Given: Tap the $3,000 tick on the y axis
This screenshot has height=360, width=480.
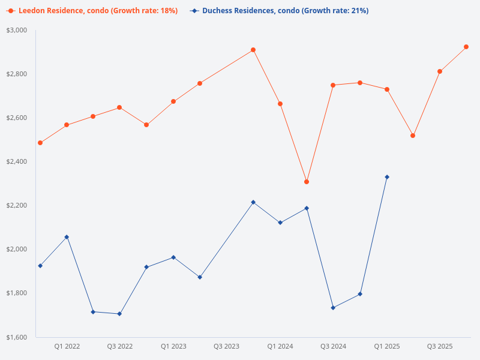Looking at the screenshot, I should pyautogui.click(x=17, y=30).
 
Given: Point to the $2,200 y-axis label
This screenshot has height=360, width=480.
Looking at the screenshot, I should pyautogui.click(x=17, y=205).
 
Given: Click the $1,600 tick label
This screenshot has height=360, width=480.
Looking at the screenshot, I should pyautogui.click(x=17, y=337).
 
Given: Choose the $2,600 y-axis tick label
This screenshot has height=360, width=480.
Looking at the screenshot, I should pyautogui.click(x=17, y=118).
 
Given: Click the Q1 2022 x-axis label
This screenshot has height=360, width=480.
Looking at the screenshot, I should pyautogui.click(x=67, y=346).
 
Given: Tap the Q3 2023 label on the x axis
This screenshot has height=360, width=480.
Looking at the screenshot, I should pyautogui.click(x=226, y=346).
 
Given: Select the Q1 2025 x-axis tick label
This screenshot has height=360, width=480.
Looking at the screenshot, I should pyautogui.click(x=387, y=346).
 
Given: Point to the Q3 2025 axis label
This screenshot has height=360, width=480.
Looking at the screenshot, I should pyautogui.click(x=440, y=346).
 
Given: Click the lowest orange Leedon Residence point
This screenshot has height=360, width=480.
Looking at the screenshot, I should pyautogui.click(x=307, y=182).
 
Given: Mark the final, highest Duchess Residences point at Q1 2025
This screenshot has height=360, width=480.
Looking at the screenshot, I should pyautogui.click(x=387, y=177).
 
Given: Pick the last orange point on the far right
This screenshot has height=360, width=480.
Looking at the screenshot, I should pyautogui.click(x=466, y=47).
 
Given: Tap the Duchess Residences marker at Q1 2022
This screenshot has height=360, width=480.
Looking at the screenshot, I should pyautogui.click(x=67, y=237).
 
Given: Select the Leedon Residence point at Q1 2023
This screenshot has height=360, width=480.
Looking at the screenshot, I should pyautogui.click(x=173, y=101).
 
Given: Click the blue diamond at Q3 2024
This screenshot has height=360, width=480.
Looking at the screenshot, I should pyautogui.click(x=333, y=308).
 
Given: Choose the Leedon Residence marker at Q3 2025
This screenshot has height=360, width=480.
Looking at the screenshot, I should pyautogui.click(x=440, y=71).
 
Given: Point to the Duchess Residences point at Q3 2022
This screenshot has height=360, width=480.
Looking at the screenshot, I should pyautogui.click(x=119, y=314).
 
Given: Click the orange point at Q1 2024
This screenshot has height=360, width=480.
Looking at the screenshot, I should pyautogui.click(x=280, y=104).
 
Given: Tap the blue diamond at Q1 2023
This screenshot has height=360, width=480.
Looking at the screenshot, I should pyautogui.click(x=173, y=257).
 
